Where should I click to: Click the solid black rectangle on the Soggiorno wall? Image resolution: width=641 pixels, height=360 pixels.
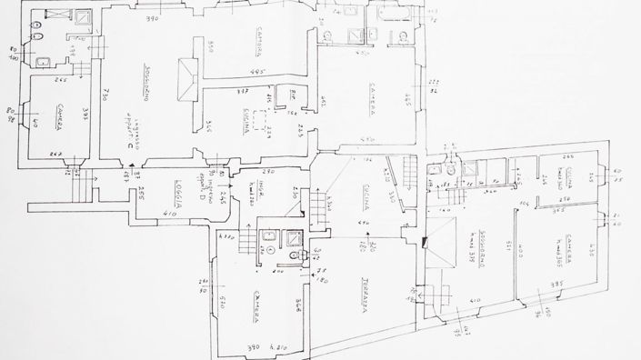point(426,242)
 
